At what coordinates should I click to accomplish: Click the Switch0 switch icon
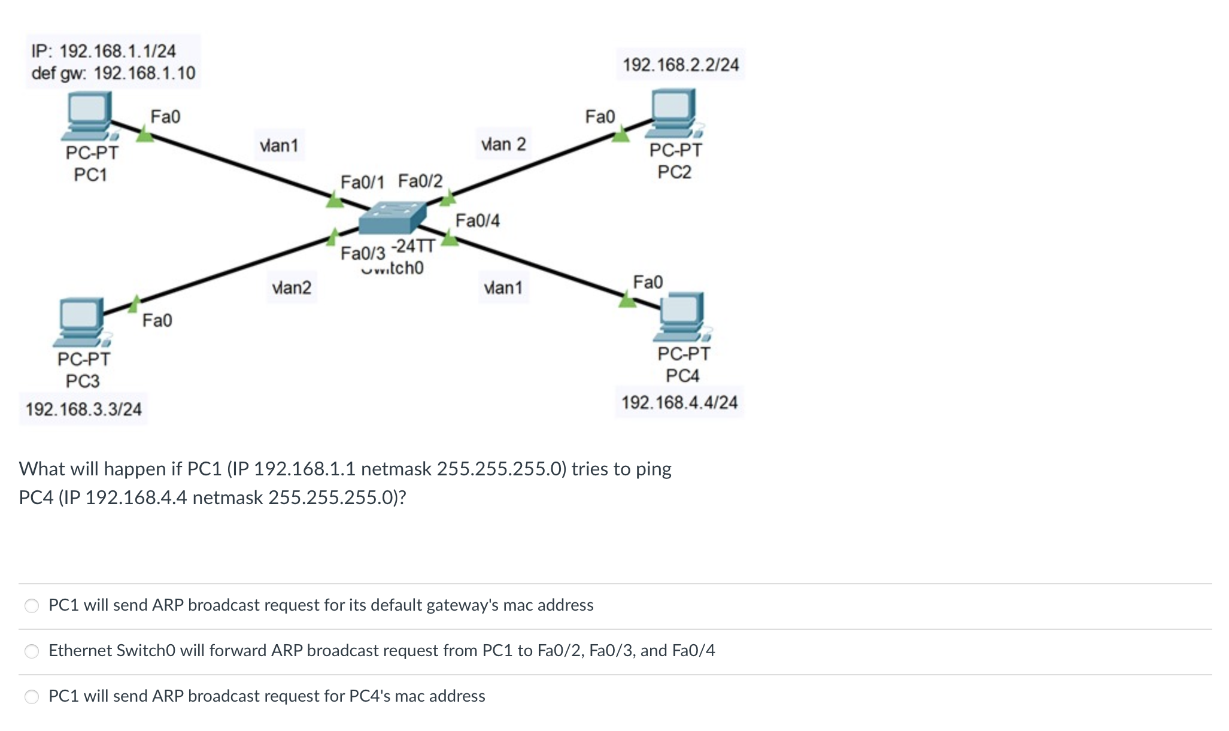pos(392,217)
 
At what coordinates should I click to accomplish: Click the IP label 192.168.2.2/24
pos(681,65)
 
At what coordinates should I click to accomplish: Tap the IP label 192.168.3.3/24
pos(83,410)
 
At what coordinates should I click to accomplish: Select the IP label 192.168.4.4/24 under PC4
pos(679,402)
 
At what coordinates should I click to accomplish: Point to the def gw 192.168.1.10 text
pos(113,73)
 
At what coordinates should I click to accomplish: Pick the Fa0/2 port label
pos(420,180)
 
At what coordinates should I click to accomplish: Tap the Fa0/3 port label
pos(363,253)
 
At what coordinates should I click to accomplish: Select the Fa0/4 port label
pos(477,221)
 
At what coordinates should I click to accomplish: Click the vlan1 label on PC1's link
pos(279,145)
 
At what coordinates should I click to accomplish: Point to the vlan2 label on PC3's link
pos(292,288)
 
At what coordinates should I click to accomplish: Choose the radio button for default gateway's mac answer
pos(32,606)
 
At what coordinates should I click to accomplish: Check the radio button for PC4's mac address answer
pos(32,697)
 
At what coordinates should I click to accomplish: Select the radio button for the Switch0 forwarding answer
pos(32,651)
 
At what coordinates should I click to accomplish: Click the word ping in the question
pos(654,469)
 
